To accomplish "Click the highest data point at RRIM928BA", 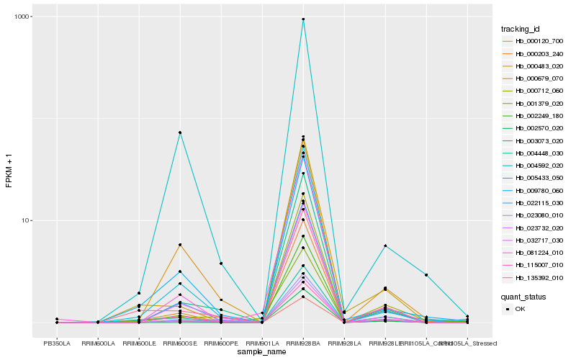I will click(x=303, y=19).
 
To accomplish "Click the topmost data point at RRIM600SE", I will click(x=180, y=132).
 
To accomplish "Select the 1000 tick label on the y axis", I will click(x=22, y=17).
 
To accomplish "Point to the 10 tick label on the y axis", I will click(x=26, y=220).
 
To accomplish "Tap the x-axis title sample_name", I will click(x=262, y=352).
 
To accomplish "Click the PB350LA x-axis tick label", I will click(x=57, y=343).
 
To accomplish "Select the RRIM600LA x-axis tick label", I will click(x=98, y=343).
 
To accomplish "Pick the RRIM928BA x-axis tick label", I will click(x=303, y=343).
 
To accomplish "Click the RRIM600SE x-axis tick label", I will click(x=180, y=343).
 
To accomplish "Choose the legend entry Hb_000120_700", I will click(x=539, y=42).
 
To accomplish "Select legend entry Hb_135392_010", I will click(x=539, y=278).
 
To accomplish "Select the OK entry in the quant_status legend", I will click(x=521, y=309).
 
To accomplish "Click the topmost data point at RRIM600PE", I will click(x=221, y=264).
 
